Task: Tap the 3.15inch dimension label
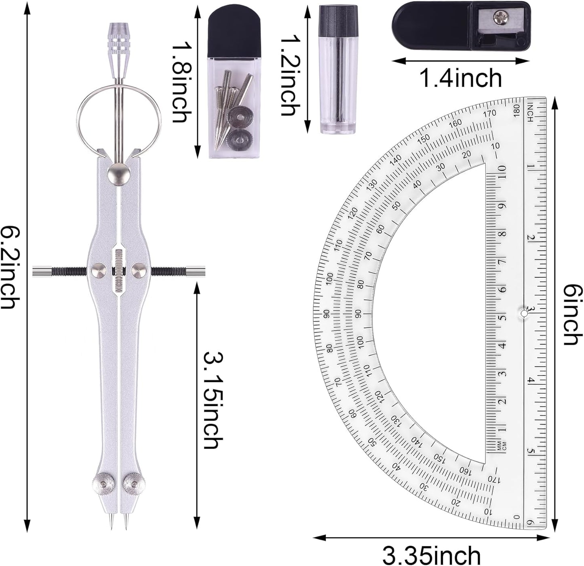pyautogui.click(x=213, y=400)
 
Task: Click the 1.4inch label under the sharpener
pyautogui.click(x=461, y=78)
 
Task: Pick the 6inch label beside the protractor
pyautogui.click(x=573, y=315)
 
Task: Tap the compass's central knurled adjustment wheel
pyautogui.click(x=118, y=270)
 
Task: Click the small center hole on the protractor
pyautogui.click(x=524, y=313)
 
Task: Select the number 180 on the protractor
pyautogui.click(x=516, y=109)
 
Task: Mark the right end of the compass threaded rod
pyautogui.click(x=200, y=271)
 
